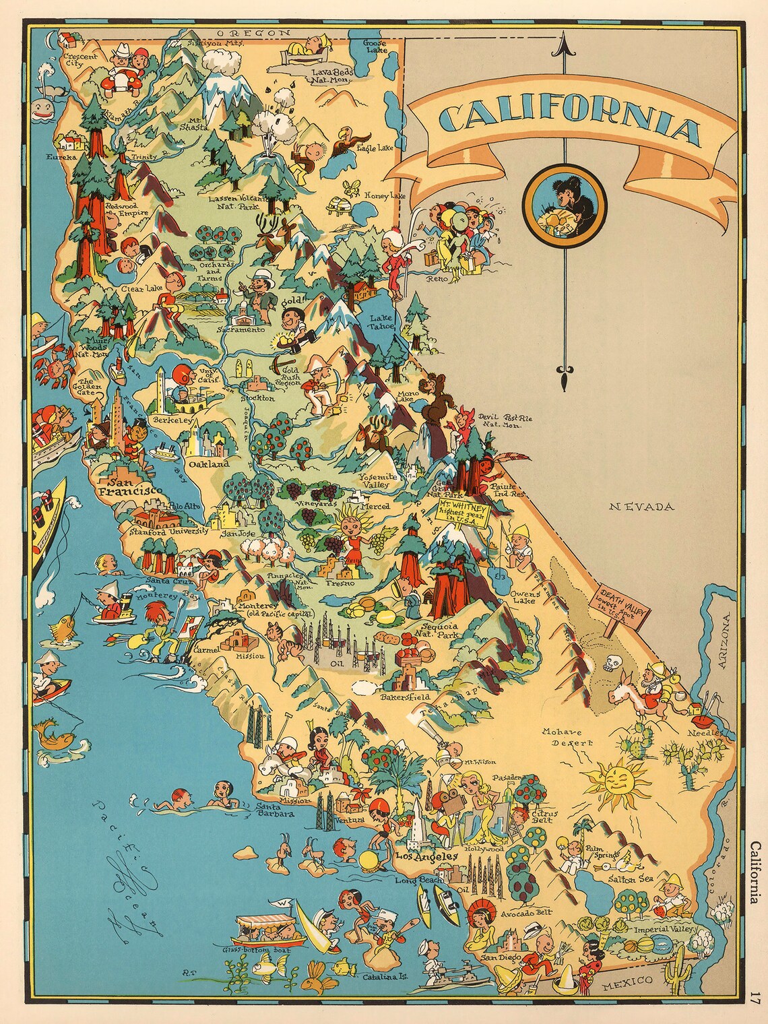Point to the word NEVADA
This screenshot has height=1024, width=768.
pos(641,507)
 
